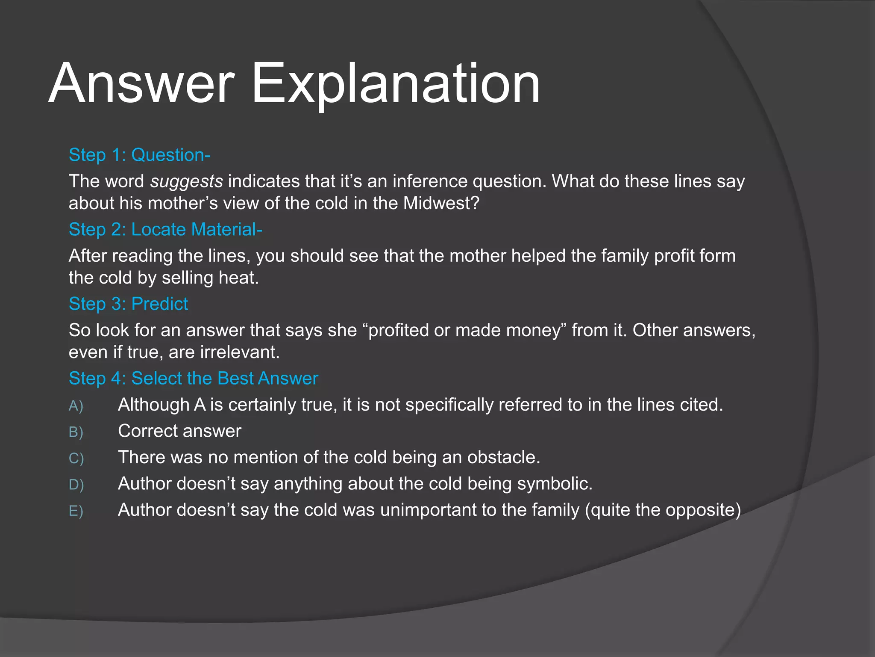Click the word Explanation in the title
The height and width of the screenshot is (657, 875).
pyautogui.click(x=395, y=83)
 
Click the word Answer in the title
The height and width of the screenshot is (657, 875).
pyautogui.click(x=141, y=83)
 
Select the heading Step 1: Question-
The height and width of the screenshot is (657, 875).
pyautogui.click(x=139, y=155)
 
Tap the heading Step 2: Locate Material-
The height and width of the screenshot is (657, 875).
pyautogui.click(x=165, y=230)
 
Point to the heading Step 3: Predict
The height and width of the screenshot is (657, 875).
pyautogui.click(x=128, y=304)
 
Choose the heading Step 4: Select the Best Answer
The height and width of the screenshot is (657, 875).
pyautogui.click(x=193, y=379)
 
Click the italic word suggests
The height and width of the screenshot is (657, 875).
pyautogui.click(x=186, y=182)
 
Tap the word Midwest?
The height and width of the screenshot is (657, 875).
pyautogui.click(x=441, y=203)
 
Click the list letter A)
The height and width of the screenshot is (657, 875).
pyautogui.click(x=76, y=406)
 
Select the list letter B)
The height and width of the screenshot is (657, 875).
pyautogui.click(x=76, y=432)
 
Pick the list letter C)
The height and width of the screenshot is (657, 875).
pyautogui.click(x=76, y=459)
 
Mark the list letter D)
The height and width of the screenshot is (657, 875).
pyautogui.click(x=76, y=485)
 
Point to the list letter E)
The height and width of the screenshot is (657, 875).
pyautogui.click(x=76, y=511)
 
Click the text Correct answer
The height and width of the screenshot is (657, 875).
pyautogui.click(x=179, y=431)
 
